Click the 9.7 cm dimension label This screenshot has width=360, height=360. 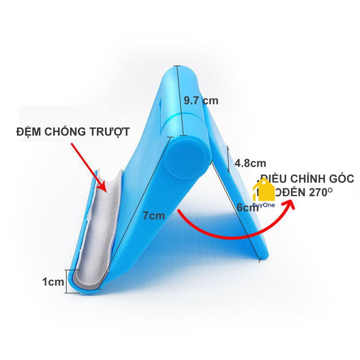pos(201,101)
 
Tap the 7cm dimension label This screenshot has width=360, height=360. pos(154,215)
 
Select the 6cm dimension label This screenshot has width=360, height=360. pos(247,207)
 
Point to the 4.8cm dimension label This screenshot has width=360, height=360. pos(250,163)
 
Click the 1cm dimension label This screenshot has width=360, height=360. pos(53,282)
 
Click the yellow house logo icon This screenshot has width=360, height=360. pos(264,190)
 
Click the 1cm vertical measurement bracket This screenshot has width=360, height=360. pos(66,281)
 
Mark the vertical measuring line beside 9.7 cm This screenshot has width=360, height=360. pos(179,101)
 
